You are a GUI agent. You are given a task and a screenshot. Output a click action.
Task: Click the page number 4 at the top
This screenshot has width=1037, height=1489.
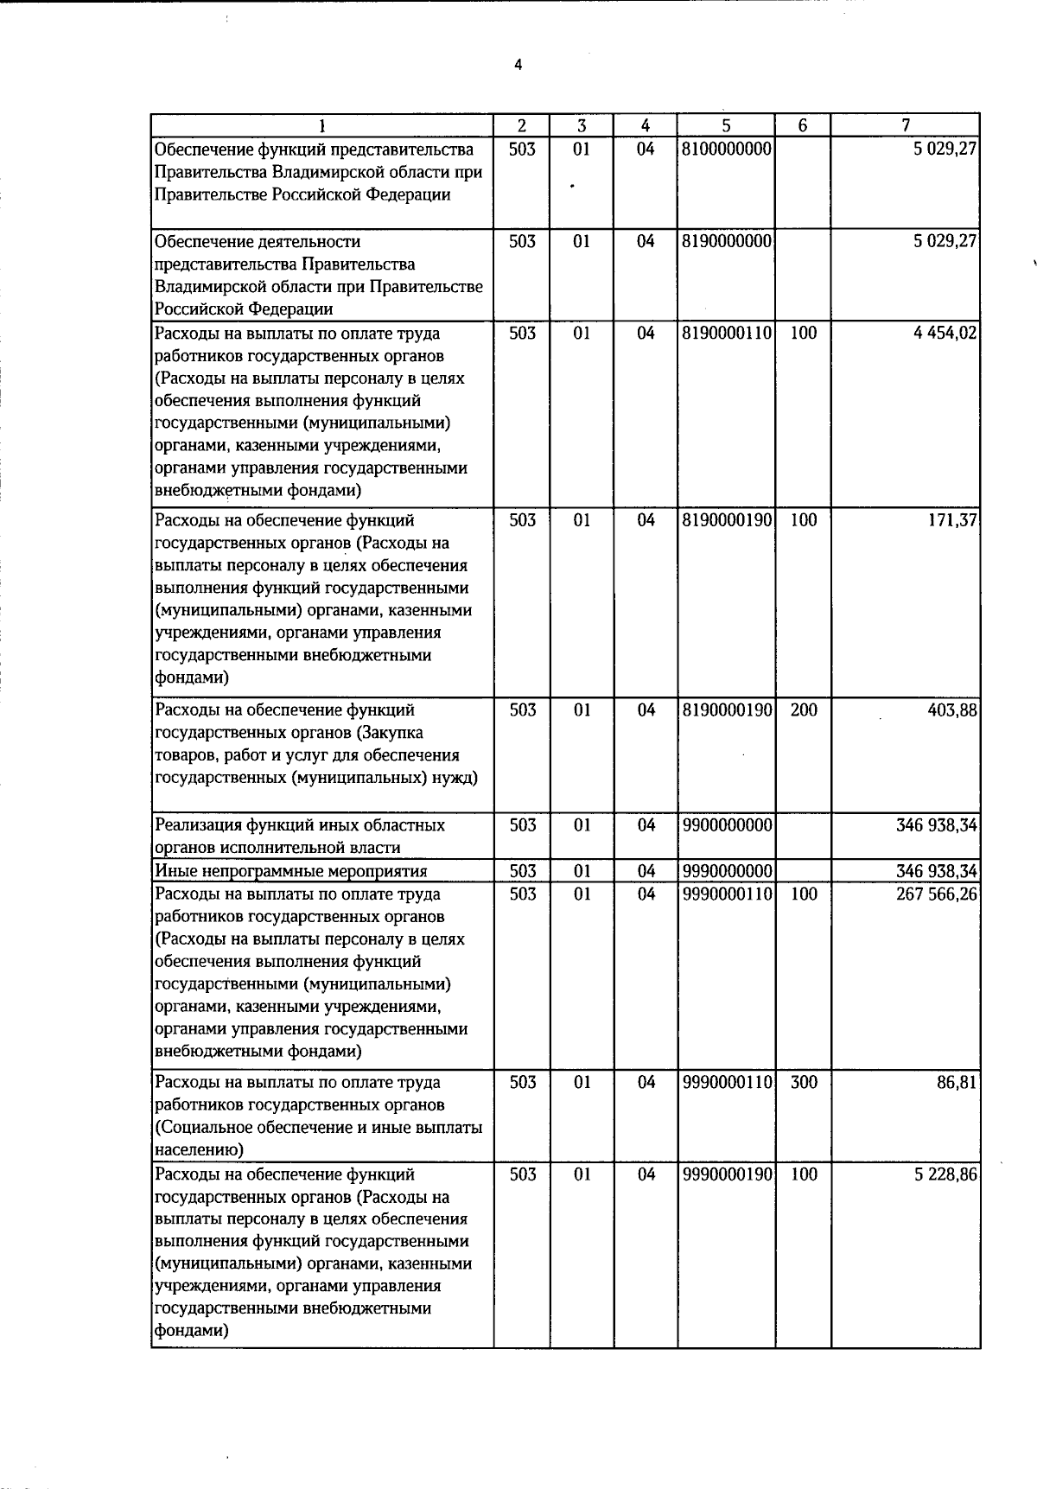pyautogui.click(x=518, y=65)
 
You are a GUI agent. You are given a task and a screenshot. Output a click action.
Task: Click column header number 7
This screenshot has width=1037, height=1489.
pyautogui.click(x=905, y=125)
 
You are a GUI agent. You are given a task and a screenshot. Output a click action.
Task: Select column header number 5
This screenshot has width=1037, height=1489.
pyautogui.click(x=727, y=125)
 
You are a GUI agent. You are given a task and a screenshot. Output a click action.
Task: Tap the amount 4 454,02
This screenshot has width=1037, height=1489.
pyautogui.click(x=945, y=334)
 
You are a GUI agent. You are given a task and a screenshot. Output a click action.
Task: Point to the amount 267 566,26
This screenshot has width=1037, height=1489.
pyautogui.click(x=937, y=894)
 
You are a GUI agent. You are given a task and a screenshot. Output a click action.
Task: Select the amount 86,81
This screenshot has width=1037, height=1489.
pyautogui.click(x=957, y=1082)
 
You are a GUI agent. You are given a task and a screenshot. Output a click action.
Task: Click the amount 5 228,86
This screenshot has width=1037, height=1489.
pyautogui.click(x=945, y=1174)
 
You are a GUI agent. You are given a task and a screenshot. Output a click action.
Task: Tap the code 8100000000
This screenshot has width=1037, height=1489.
pyautogui.click(x=726, y=149)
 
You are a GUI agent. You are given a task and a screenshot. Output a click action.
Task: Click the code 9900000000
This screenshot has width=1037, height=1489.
pyautogui.click(x=726, y=825)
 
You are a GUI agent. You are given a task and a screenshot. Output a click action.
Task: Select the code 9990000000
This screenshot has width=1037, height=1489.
pyautogui.click(x=726, y=871)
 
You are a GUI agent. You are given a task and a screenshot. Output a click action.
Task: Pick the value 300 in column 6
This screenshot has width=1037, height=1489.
pyautogui.click(x=804, y=1082)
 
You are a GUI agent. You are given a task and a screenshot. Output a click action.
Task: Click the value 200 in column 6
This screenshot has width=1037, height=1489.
pyautogui.click(x=804, y=710)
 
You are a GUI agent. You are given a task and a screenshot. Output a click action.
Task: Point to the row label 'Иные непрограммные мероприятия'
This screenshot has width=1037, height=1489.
pyautogui.click(x=291, y=871)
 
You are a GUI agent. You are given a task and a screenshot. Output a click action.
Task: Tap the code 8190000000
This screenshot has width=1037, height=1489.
pyautogui.click(x=726, y=241)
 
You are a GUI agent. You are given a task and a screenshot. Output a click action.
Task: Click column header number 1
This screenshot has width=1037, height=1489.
pyautogui.click(x=322, y=125)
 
